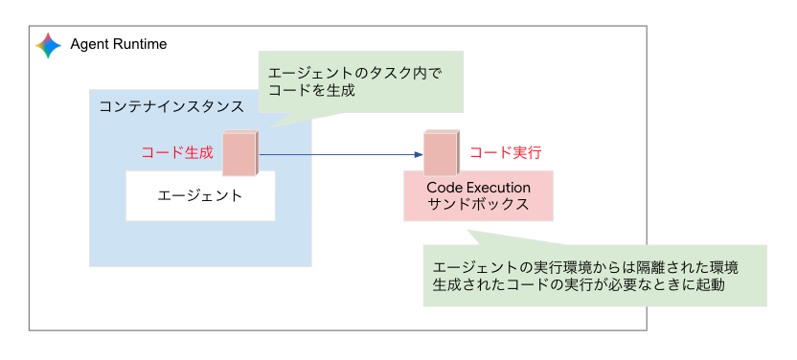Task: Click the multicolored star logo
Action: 48,45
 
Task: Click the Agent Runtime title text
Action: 119,45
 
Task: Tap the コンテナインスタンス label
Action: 171,107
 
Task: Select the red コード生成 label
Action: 177,152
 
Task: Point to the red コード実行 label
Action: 505,152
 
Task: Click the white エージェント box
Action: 200,196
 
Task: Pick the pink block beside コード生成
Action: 240,153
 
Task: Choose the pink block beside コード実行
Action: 442,153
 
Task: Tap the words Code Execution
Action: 478,188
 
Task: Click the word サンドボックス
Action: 478,205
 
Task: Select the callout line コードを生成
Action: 311,91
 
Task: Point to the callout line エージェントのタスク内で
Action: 355,74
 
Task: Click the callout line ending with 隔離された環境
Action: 585,267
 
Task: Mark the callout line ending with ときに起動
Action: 578,285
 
